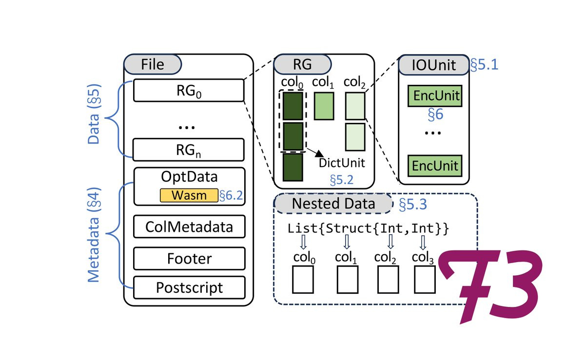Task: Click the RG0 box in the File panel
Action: tap(188, 90)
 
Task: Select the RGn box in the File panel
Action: tap(188, 150)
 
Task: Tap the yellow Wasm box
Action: tap(188, 196)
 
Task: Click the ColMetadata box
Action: tap(189, 227)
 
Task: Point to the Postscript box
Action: tap(189, 287)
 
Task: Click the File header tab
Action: tap(153, 64)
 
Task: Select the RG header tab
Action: tap(302, 64)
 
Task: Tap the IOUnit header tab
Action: tap(434, 65)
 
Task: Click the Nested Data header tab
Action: tap(333, 203)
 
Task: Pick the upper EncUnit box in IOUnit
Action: tap(435, 96)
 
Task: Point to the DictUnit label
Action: tap(342, 163)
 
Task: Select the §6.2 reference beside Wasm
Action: tap(231, 196)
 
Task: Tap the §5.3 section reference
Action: tap(413, 204)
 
